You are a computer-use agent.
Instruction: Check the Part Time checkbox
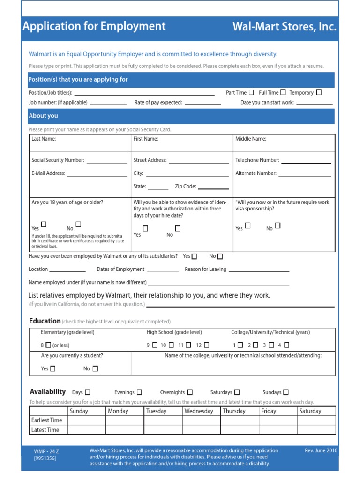tap(252, 92)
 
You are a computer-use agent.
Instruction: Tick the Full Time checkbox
tap(283, 92)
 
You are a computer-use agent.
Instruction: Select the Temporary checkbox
tap(319, 92)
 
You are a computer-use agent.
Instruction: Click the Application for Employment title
tap(94, 26)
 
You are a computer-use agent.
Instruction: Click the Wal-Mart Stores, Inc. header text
tap(285, 27)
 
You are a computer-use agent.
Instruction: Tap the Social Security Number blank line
tap(107, 162)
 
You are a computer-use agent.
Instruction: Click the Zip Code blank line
tap(214, 188)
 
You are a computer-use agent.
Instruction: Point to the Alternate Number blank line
tap(305, 175)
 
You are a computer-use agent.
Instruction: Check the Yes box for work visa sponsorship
tap(248, 225)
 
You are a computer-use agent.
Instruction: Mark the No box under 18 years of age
tap(78, 225)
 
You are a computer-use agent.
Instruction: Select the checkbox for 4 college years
tap(286, 345)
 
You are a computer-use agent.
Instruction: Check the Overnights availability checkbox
tap(190, 392)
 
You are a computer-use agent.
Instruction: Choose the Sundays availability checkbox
tap(286, 392)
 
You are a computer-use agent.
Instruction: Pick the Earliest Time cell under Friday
tap(278, 420)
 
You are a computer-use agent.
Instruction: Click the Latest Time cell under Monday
tap(125, 430)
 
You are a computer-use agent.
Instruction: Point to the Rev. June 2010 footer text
tap(321, 451)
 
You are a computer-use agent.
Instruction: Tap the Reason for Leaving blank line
tap(259, 270)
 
